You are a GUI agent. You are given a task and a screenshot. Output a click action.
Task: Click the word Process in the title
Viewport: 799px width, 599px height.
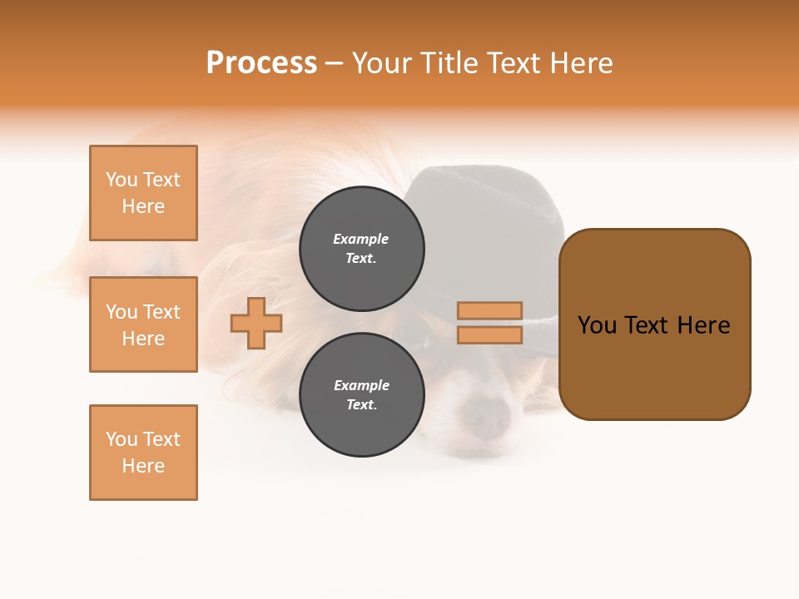tap(261, 63)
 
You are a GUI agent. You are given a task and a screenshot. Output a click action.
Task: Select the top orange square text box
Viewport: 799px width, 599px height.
tap(143, 193)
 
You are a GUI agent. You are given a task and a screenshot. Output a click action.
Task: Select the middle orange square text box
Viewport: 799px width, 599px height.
tap(143, 324)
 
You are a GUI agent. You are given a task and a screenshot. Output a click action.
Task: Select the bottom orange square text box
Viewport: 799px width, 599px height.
tap(143, 453)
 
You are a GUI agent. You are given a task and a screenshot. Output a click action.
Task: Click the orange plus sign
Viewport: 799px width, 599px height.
tap(256, 323)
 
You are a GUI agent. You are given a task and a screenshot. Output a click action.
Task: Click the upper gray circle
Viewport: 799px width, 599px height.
tap(362, 248)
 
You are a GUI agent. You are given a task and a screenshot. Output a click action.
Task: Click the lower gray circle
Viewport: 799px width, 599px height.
tap(362, 394)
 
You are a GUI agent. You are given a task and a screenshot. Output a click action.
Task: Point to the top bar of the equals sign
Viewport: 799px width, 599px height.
tap(489, 310)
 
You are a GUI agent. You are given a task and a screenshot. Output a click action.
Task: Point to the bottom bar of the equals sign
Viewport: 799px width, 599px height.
tap(489, 335)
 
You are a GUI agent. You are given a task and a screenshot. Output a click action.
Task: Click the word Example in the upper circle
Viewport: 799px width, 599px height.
tap(360, 239)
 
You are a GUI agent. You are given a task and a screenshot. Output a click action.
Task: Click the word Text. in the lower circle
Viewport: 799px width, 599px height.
tap(361, 405)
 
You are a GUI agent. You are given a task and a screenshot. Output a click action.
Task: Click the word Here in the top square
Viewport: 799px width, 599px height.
tap(143, 206)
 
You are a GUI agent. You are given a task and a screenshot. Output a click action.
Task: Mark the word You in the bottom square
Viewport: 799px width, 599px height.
tap(122, 439)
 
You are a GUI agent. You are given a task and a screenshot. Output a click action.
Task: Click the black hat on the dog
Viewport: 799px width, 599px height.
tap(491, 208)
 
